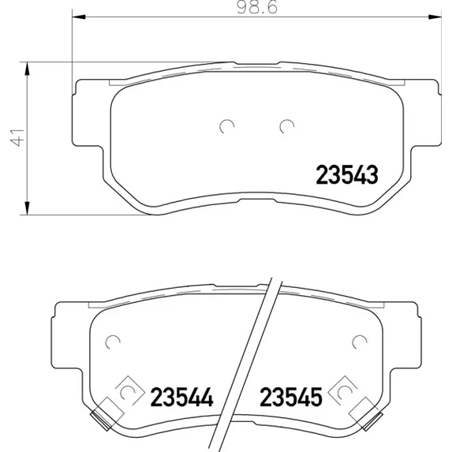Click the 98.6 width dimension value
pos(257,8)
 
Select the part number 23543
pos(347,175)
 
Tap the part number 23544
pos(181,397)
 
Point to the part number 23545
pos(291,397)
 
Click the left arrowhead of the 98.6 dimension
pos(79,17)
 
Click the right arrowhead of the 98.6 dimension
pos(435,17)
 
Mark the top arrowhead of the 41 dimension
pos(27,69)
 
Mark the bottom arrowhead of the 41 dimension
pos(27,207)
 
